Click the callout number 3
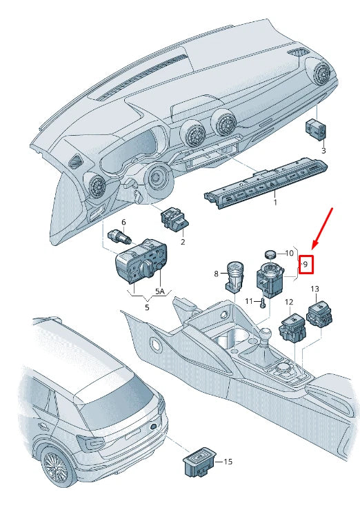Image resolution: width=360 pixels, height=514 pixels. (x=323, y=151)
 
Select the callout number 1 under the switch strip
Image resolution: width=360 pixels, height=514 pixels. (x=275, y=203)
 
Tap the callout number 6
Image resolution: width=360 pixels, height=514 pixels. (x=123, y=223)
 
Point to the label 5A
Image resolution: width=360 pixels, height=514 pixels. (x=160, y=291)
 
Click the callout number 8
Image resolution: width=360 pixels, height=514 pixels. (x=216, y=273)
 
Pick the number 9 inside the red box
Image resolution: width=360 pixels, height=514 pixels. (x=306, y=265)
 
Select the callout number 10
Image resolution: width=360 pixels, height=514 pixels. (x=289, y=253)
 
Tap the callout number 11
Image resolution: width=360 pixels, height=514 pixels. (x=250, y=301)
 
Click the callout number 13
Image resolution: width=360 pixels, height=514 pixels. (x=314, y=289)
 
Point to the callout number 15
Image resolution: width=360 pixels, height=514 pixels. (x=228, y=462)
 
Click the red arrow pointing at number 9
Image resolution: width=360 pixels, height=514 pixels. (x=323, y=228)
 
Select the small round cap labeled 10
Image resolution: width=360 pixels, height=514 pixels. (x=270, y=254)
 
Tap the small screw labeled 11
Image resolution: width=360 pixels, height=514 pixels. (x=262, y=304)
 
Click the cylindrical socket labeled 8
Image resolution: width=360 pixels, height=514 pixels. (x=234, y=276)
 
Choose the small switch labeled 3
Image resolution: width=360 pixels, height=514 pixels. (x=316, y=129)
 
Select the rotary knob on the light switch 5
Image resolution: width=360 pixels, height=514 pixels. (x=146, y=269)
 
